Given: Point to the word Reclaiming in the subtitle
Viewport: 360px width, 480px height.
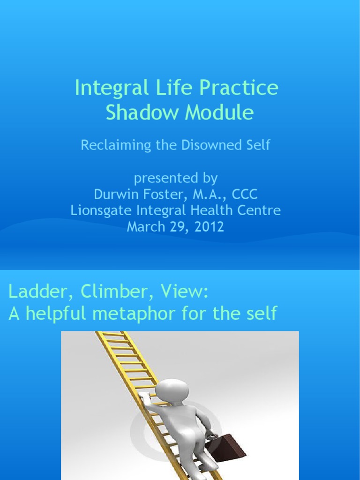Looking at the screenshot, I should click(x=109, y=145).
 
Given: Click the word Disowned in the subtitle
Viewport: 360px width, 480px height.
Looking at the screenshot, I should click(x=211, y=145).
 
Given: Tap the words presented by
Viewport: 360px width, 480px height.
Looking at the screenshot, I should click(x=176, y=178).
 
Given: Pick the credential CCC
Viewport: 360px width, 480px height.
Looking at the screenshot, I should click(x=242, y=194).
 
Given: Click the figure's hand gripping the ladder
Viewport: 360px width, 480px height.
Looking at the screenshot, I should click(x=145, y=397).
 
